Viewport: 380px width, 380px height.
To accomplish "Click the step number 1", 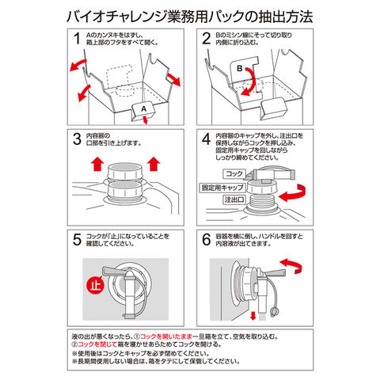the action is point(77,39).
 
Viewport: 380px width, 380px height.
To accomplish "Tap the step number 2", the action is point(207,39).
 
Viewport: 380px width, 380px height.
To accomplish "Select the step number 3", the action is point(77,139).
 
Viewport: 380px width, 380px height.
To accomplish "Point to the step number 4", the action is point(207,139).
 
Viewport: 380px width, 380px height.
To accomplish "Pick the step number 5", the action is point(77,240).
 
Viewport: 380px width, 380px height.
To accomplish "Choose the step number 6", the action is point(207,240).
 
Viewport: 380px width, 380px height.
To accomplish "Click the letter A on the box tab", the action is point(143,108).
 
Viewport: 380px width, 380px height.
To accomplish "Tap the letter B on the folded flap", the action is point(240,69).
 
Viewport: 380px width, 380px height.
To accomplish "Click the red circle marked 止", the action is point(96,286).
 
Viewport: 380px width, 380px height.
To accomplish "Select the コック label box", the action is point(234,174).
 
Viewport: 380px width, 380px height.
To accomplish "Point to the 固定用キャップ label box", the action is point(222,188).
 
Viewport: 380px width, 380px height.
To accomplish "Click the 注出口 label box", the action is point(234,199).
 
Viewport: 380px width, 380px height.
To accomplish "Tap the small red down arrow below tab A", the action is point(145,120).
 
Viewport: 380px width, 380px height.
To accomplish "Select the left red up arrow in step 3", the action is point(97,164).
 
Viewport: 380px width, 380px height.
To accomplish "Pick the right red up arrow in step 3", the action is point(154,164).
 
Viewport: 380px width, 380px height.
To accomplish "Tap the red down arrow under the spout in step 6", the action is point(253,316).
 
